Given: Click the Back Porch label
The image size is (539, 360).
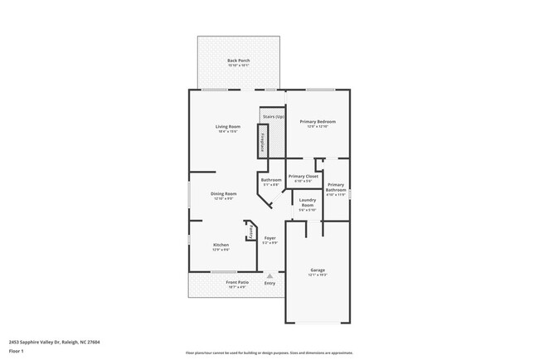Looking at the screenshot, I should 238,61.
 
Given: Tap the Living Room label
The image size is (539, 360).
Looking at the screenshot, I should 229,127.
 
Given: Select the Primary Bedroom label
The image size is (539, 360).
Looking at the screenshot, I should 318,122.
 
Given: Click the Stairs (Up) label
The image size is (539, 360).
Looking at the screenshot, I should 273,117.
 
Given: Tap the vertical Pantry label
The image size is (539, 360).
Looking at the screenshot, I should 249,232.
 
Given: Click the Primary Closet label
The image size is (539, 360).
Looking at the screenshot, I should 303,177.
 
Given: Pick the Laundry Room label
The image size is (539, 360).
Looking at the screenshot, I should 307,205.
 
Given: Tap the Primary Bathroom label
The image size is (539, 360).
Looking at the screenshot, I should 336,187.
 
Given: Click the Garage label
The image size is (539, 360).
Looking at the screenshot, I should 318,270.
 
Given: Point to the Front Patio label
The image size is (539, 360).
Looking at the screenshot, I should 238,283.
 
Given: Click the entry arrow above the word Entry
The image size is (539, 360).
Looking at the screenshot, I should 269,275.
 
